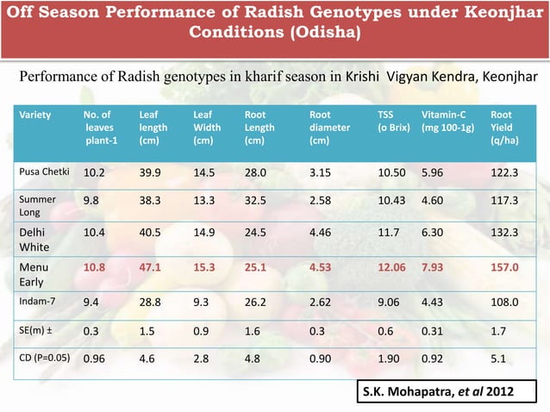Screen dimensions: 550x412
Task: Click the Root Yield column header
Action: tap(504, 128)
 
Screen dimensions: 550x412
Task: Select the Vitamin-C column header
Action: tap(447, 121)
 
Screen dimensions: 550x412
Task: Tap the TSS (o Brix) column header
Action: tap(394, 121)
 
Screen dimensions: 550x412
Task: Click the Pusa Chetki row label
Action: tap(44, 172)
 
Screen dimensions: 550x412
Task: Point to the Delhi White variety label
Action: tap(34, 240)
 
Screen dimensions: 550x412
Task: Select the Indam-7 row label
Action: tap(37, 301)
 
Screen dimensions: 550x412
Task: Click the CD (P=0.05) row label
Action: tap(45, 358)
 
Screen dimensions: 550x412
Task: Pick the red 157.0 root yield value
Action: tap(504, 267)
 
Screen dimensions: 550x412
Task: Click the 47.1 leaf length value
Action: tap(150, 267)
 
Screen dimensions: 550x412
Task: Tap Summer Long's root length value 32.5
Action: tap(255, 200)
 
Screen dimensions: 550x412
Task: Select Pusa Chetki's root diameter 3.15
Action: tap(320, 172)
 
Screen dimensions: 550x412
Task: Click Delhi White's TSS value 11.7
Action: tap(388, 232)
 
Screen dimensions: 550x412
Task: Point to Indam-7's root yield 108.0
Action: tap(504, 302)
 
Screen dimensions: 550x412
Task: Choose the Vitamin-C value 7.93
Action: tap(432, 267)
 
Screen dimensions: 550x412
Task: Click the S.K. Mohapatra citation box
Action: tap(447, 391)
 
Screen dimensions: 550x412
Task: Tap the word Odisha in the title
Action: tap(325, 32)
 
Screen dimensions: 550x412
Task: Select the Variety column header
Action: tap(35, 115)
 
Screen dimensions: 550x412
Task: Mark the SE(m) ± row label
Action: tap(36, 330)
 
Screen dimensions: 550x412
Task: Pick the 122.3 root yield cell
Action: tap(504, 172)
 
